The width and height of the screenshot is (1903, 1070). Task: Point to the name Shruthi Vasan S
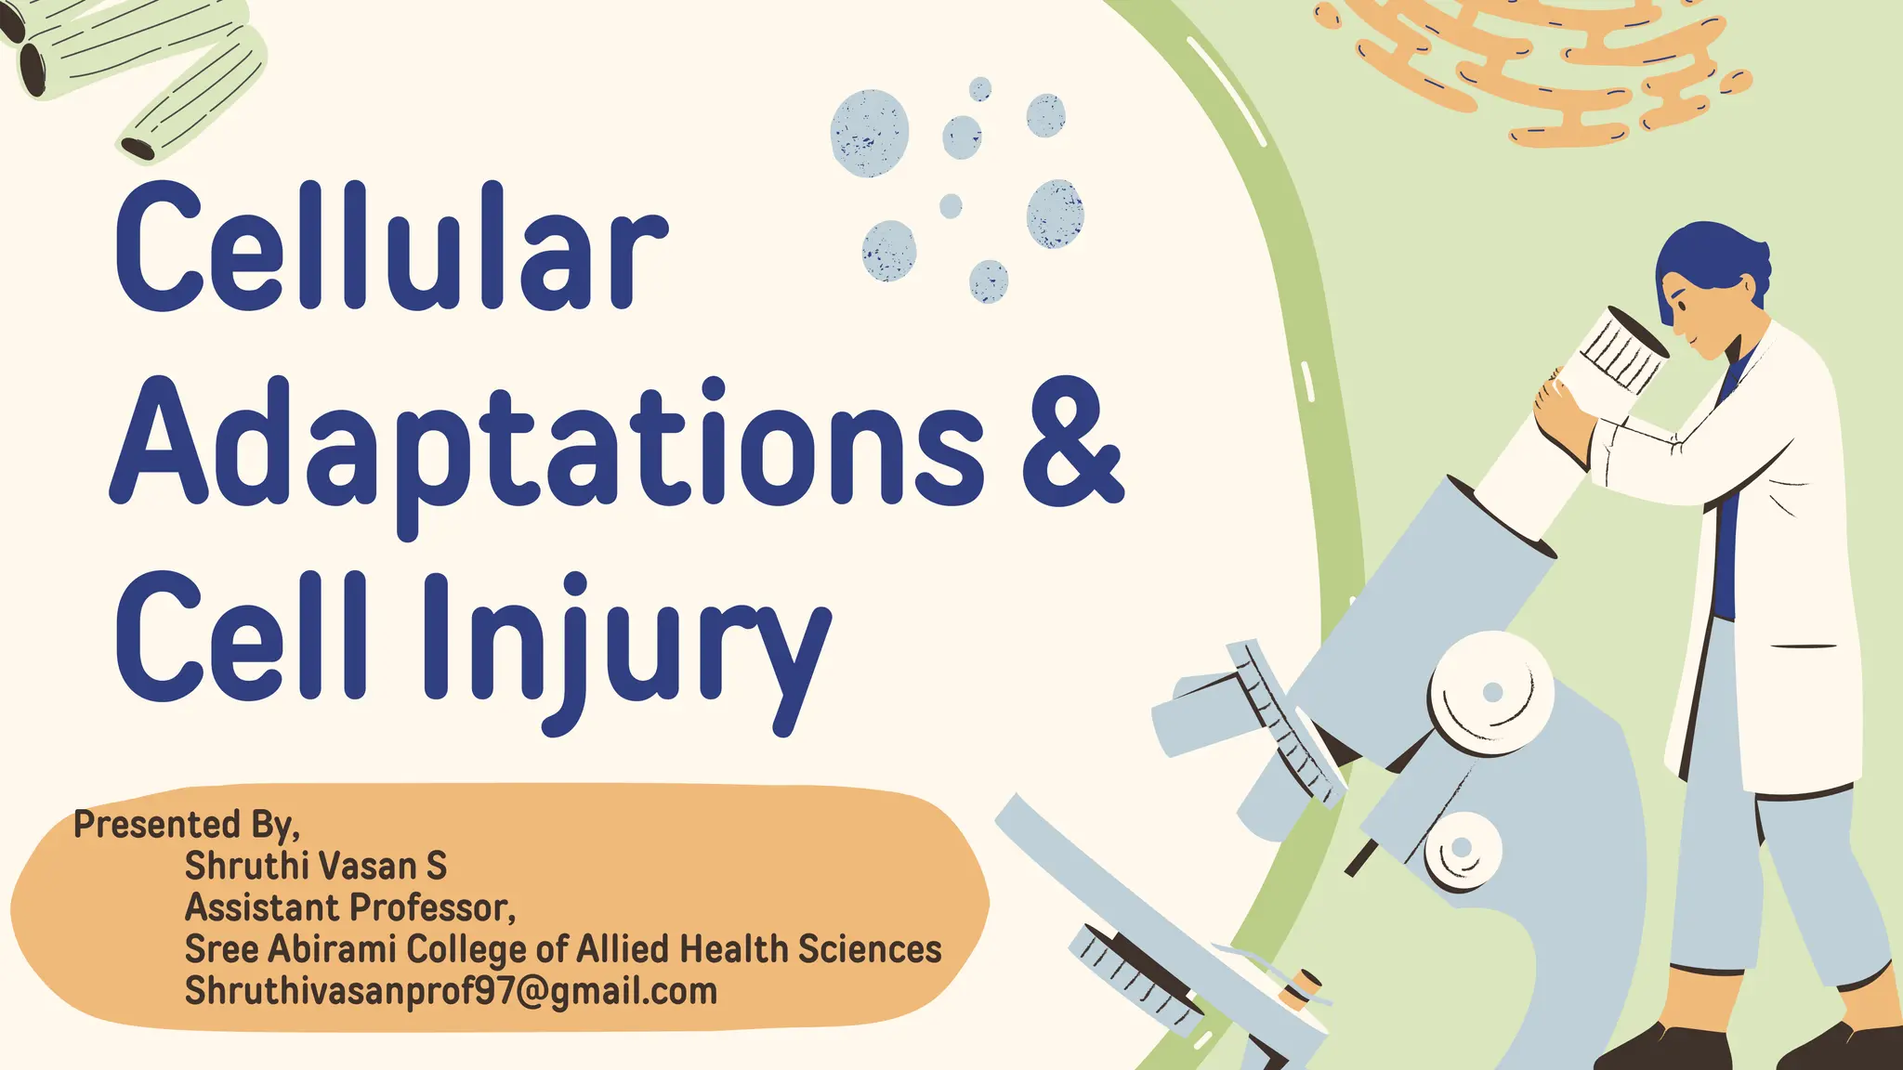pos(316,866)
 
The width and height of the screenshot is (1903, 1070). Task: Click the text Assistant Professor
pos(349,907)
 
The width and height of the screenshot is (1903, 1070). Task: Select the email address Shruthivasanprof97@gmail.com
pos(451,991)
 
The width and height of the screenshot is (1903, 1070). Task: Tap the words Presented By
pos(186,825)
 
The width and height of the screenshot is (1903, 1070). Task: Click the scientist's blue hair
pos(1710,260)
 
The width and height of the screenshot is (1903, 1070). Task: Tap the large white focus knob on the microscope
pos(1490,692)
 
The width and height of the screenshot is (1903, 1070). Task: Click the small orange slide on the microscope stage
pos(1301,989)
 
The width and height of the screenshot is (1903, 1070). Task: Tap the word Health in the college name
pos(734,949)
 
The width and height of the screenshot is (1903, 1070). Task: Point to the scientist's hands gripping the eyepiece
pos(1566,413)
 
